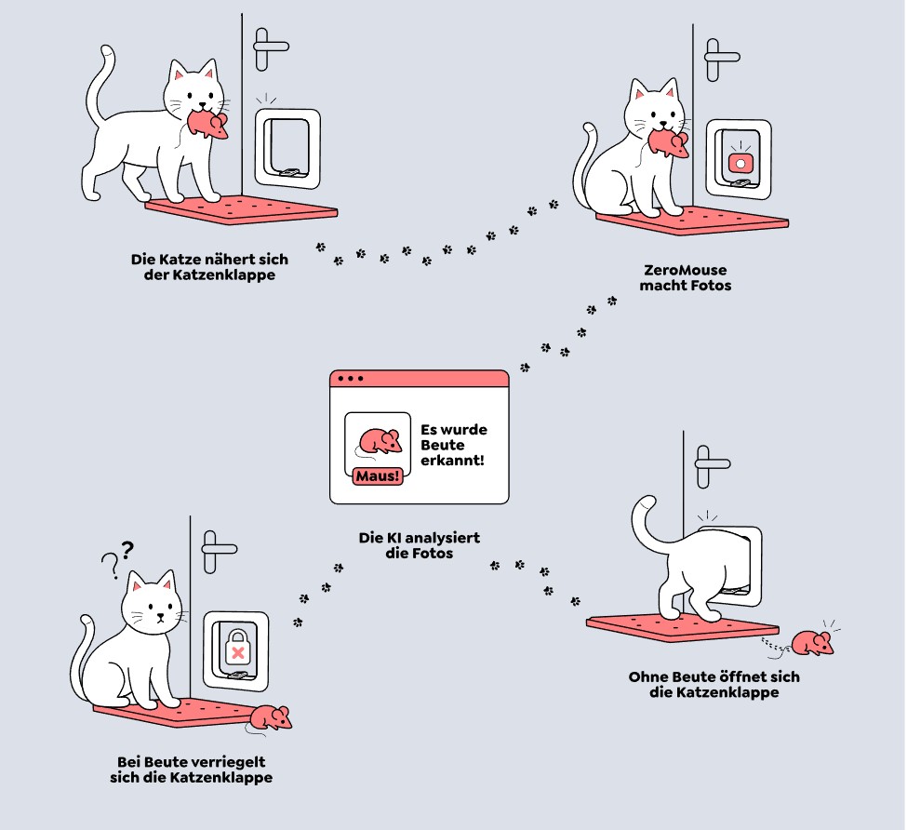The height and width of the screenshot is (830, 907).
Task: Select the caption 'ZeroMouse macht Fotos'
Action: point(686,277)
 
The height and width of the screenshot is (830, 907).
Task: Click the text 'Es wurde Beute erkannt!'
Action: point(454,445)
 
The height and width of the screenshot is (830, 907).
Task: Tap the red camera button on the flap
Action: point(740,163)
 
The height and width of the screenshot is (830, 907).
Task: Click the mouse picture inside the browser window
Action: point(378,440)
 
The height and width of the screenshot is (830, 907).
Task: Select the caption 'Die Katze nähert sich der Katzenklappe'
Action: point(209,267)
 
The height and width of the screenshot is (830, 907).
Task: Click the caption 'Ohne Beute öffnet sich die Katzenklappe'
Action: point(714,684)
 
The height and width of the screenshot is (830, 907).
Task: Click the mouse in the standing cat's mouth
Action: point(207,126)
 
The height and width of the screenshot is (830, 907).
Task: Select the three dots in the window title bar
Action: point(352,379)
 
